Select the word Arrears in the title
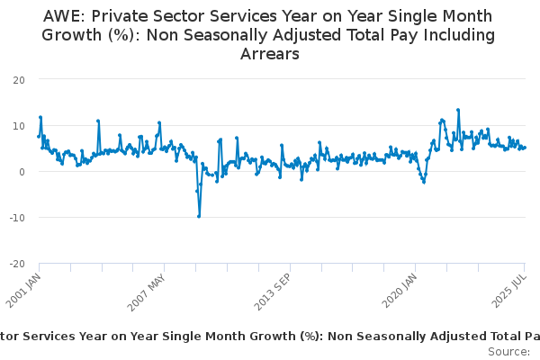269,54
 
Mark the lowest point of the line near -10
199,216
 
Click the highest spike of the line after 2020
458,110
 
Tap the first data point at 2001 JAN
39,137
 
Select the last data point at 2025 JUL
525,148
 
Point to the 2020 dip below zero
424,182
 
